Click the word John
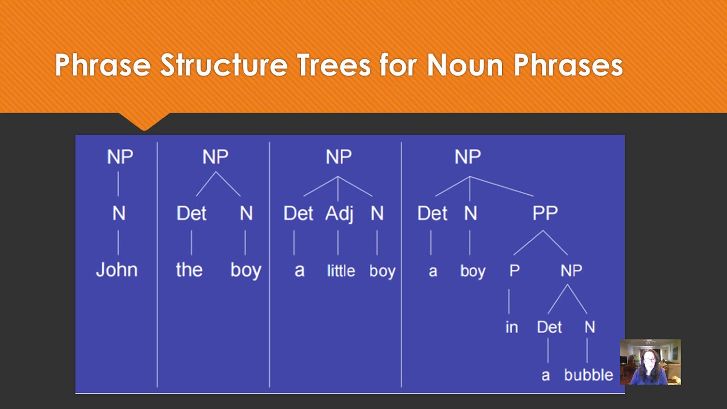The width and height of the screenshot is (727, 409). (x=116, y=269)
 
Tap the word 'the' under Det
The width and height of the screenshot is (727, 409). (x=189, y=269)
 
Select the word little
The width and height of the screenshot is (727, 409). (x=341, y=271)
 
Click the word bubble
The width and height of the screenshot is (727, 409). (x=588, y=375)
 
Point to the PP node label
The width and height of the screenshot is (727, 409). (x=545, y=213)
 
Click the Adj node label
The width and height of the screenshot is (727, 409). (x=339, y=213)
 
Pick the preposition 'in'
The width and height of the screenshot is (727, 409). (x=511, y=327)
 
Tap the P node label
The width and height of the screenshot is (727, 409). (x=514, y=270)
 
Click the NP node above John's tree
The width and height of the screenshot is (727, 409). (x=120, y=157)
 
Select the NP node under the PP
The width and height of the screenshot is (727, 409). (x=571, y=270)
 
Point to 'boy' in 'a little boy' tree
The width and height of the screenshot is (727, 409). (x=382, y=271)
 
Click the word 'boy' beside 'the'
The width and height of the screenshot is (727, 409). (x=246, y=270)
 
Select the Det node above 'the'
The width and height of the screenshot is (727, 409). (x=191, y=213)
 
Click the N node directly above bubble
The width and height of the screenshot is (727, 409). (x=590, y=327)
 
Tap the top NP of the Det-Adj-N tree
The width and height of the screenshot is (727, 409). (x=339, y=157)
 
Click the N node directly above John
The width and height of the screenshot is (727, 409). (x=119, y=213)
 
